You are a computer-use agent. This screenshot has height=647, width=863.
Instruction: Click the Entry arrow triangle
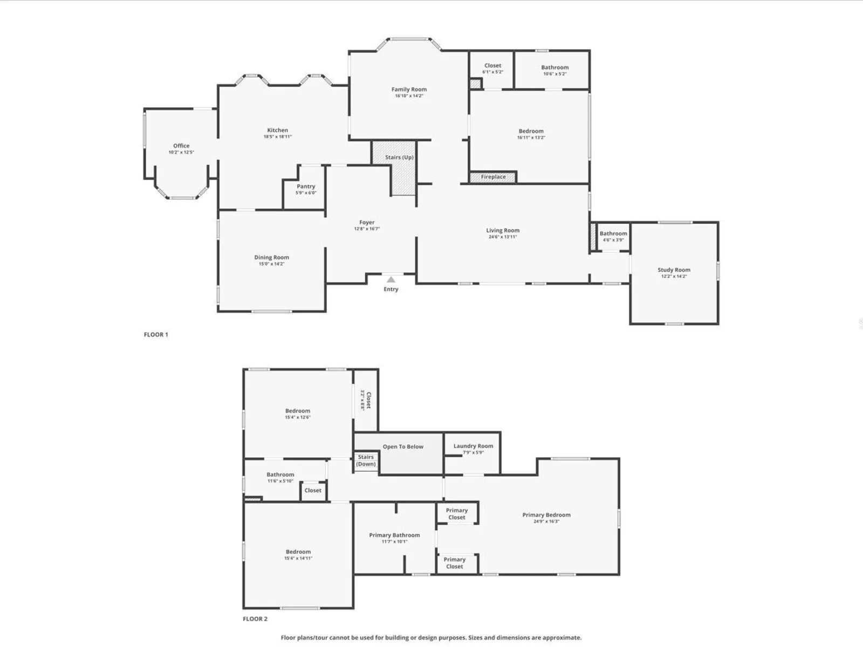tap(391, 279)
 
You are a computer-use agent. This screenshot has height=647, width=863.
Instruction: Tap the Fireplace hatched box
tap(493, 177)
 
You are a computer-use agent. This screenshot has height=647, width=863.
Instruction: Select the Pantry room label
tap(306, 186)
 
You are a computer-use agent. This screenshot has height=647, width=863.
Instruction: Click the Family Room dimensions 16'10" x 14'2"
tap(409, 96)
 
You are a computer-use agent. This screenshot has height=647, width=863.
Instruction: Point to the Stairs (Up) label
tap(399, 157)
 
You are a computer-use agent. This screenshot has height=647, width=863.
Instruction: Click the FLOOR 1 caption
tap(156, 334)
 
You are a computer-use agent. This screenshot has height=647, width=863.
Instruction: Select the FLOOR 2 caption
tap(255, 619)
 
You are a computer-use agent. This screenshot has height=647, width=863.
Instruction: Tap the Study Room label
tap(674, 270)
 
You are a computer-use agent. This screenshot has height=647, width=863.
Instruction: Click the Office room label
tap(181, 146)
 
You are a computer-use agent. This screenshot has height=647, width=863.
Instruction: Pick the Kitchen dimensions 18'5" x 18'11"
tap(278, 137)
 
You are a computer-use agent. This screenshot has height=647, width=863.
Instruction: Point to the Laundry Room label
tap(473, 446)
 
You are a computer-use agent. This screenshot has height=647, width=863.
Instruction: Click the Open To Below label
tap(403, 446)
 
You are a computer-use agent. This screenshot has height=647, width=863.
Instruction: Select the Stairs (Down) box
tap(366, 461)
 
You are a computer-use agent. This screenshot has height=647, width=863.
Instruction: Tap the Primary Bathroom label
tap(394, 535)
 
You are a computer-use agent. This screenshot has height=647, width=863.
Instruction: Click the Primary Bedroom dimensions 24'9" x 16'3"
tap(546, 521)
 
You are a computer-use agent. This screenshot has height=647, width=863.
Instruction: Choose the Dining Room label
tap(271, 257)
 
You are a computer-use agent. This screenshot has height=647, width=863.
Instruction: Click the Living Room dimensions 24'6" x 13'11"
tap(503, 237)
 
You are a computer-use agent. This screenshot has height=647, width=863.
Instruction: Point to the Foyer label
tap(367, 222)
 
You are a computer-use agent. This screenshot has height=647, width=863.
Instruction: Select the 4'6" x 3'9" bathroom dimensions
tap(613, 240)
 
